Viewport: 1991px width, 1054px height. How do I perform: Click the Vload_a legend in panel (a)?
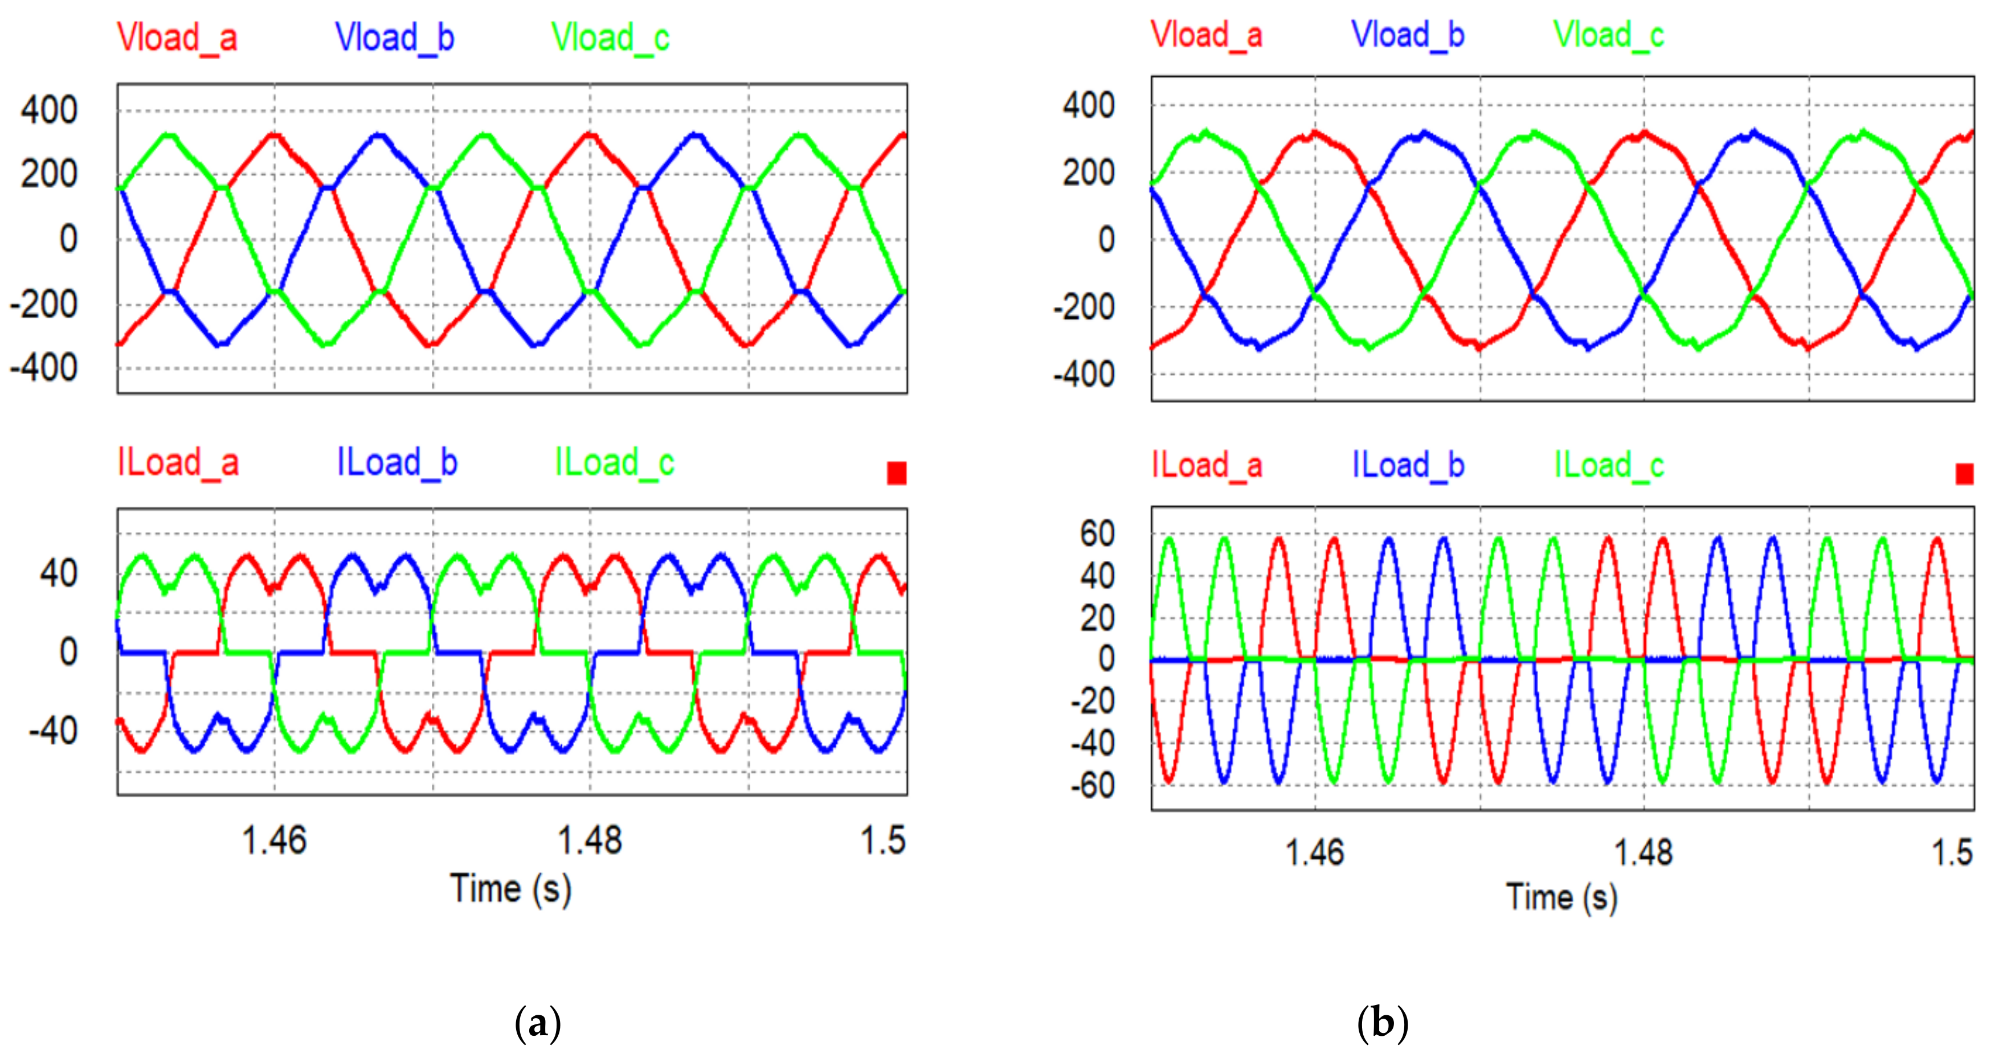(x=177, y=37)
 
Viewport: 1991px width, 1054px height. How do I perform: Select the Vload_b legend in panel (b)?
(x=1408, y=35)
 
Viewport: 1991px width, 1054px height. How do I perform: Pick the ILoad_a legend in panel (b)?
(x=1207, y=465)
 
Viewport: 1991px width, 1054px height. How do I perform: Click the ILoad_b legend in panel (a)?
(x=397, y=462)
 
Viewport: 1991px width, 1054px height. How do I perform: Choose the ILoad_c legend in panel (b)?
(x=1609, y=465)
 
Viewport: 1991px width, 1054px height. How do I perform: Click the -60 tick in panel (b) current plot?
(x=1092, y=786)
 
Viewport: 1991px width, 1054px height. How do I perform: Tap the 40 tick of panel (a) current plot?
(x=58, y=573)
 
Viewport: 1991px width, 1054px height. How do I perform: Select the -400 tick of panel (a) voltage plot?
(x=44, y=368)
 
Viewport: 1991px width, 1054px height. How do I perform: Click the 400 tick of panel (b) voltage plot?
(x=1088, y=105)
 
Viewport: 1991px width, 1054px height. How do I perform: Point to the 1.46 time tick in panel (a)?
(x=275, y=840)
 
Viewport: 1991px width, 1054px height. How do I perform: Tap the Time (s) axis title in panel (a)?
(x=511, y=889)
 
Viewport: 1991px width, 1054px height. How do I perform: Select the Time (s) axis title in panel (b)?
(x=1561, y=898)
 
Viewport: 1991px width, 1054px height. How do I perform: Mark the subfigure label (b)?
(x=1383, y=1023)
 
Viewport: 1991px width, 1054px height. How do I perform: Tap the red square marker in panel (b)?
(x=1964, y=474)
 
